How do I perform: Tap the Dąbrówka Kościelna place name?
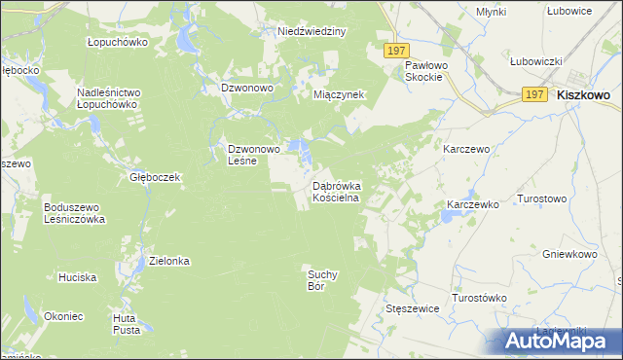[336, 192]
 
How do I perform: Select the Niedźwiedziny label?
[311, 31]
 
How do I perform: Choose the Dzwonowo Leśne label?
[254, 155]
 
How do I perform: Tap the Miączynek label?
[339, 95]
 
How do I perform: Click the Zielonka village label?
[168, 261]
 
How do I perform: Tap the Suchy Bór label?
[321, 280]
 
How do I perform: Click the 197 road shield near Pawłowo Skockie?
[395, 51]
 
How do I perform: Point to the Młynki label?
[492, 11]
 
